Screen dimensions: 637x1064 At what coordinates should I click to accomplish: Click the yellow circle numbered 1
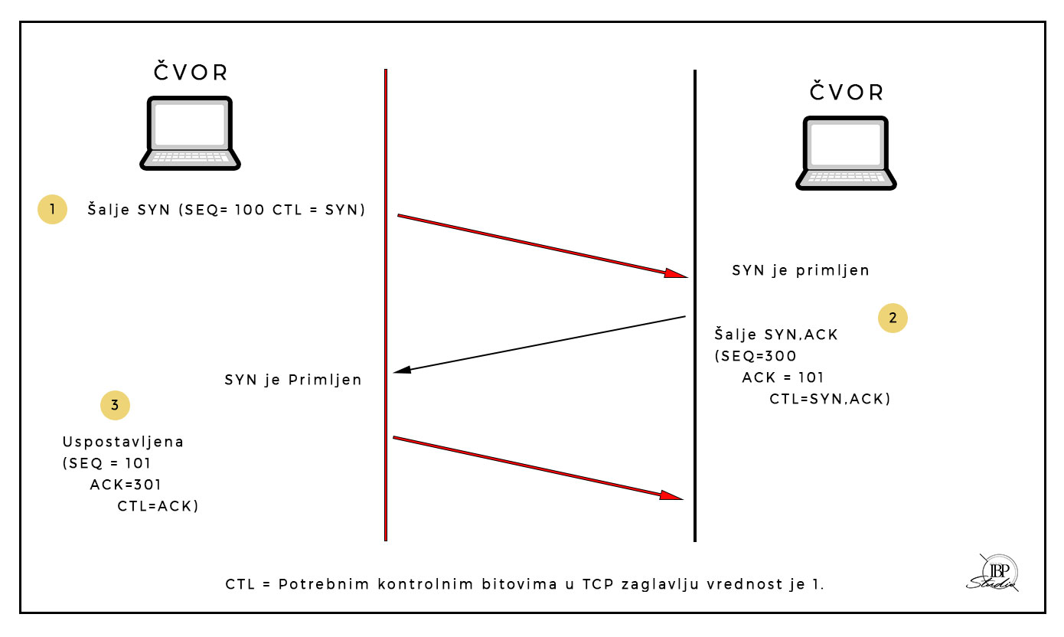click(x=52, y=209)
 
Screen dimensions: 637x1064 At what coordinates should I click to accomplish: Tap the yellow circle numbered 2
click(x=893, y=317)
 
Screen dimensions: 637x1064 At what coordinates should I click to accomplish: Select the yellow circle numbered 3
click(x=115, y=406)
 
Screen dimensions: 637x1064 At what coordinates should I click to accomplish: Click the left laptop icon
click(x=190, y=133)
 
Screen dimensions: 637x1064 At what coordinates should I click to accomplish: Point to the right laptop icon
click(x=846, y=153)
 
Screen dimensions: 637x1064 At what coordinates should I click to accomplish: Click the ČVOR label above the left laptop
click(x=191, y=73)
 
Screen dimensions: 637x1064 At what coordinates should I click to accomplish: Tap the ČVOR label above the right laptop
click(x=847, y=93)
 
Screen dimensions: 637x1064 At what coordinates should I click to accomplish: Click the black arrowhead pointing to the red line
click(x=402, y=371)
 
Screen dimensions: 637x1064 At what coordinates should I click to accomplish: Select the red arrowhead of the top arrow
click(x=676, y=273)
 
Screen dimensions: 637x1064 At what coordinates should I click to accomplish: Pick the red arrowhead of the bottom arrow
click(x=671, y=495)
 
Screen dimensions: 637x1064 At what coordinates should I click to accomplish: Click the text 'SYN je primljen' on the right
click(x=801, y=270)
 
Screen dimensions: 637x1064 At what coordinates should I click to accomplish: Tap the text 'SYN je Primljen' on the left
click(x=293, y=380)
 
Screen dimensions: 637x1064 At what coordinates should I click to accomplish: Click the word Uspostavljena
click(x=122, y=443)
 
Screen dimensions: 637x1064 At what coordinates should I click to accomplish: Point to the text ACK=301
click(x=126, y=485)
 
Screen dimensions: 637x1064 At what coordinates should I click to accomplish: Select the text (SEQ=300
click(x=756, y=356)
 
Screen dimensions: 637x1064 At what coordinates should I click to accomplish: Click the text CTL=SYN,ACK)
click(x=830, y=399)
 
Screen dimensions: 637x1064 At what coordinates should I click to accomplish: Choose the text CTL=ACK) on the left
click(x=158, y=506)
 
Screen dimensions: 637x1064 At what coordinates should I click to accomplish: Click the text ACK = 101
click(x=783, y=377)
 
